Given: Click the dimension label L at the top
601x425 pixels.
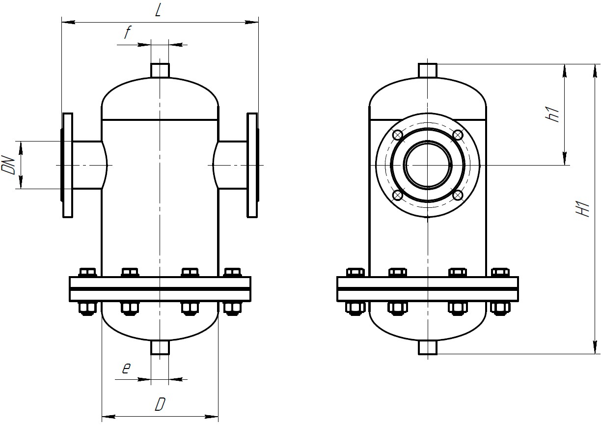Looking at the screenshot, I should pos(158,10).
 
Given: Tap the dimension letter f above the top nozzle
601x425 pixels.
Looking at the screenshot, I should pos(127,33).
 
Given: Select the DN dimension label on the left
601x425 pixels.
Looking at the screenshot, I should pos(8,164).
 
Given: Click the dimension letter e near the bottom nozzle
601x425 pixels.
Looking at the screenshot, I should pos(126,368).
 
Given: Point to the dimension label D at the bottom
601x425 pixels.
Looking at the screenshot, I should pos(159,404).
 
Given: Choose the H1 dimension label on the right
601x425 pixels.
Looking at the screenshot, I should pos(583,208).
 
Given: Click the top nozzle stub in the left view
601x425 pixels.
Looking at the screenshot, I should pos(160,70).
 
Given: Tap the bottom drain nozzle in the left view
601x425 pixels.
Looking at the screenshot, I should pos(160,347).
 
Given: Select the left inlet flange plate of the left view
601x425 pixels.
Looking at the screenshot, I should pos(68,165).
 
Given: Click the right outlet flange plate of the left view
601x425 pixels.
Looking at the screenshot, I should pos(252,165).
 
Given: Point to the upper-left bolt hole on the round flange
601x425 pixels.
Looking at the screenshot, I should pos(398,135).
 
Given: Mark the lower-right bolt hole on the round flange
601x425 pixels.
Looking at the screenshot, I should pos(457,196).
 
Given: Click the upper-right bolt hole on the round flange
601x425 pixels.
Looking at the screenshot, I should pos(457,135).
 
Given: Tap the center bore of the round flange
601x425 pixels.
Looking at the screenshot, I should pos(428,165).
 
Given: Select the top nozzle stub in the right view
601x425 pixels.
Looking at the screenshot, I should pos(428,70).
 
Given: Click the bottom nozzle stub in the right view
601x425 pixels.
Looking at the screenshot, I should pos(428,347).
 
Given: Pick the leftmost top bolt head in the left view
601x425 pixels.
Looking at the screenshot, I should pos(87,272).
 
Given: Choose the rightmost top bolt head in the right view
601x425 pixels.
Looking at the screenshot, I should pos(500,272).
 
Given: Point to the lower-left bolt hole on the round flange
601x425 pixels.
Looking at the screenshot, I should pos(398,196).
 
